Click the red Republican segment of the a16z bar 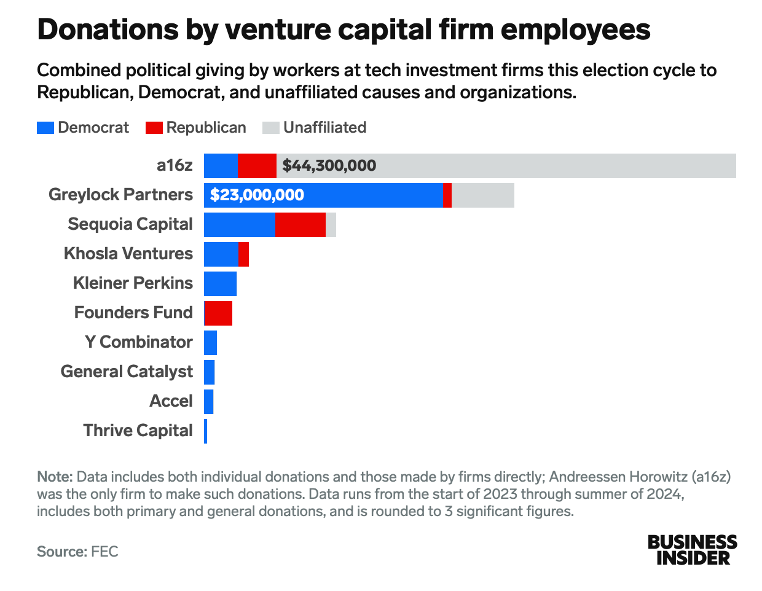click(257, 165)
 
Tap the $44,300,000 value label click(329, 165)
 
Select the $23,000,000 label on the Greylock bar click(257, 195)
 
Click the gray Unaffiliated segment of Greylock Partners click(483, 195)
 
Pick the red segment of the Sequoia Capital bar click(300, 225)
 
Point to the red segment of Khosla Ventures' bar click(244, 254)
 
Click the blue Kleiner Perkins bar click(220, 284)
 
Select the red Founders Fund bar click(218, 313)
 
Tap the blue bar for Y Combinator click(210, 342)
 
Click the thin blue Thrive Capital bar click(205, 431)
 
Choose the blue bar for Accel click(209, 402)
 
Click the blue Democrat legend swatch click(45, 128)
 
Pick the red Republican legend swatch click(154, 128)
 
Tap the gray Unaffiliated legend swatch click(271, 128)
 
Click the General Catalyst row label click(127, 372)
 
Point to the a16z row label click(175, 165)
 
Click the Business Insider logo click(692, 550)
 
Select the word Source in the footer click(61, 552)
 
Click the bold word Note click(55, 477)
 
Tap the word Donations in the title click(108, 29)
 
